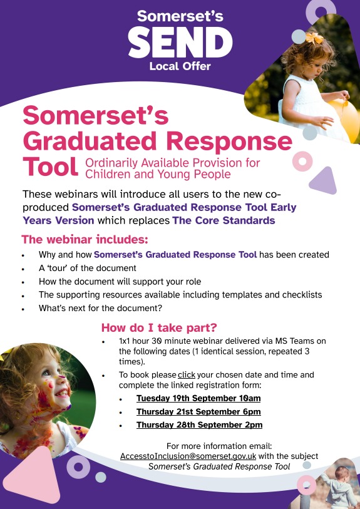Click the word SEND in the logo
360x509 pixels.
coord(180,42)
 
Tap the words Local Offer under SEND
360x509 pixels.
coord(180,66)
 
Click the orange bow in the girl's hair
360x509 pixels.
coord(314,38)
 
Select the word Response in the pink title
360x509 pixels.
coord(230,141)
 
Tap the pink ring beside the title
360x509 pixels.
coord(302,162)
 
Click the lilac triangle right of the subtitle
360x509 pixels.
coord(324,180)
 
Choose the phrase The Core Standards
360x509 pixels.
coord(224,220)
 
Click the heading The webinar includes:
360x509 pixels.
coord(85,240)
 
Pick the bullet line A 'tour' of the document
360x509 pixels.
coord(87,268)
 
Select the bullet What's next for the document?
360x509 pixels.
coord(100,308)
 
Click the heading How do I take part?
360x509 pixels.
coord(159,327)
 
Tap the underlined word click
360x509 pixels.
coord(187,375)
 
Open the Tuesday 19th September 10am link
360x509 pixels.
coord(198,398)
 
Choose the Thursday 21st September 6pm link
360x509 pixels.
coord(198,411)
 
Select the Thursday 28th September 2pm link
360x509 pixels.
coord(199,425)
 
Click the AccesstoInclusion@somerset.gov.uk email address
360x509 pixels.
coord(188,456)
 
